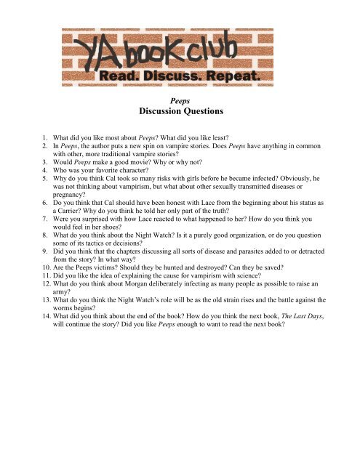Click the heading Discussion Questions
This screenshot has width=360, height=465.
point(179,114)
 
